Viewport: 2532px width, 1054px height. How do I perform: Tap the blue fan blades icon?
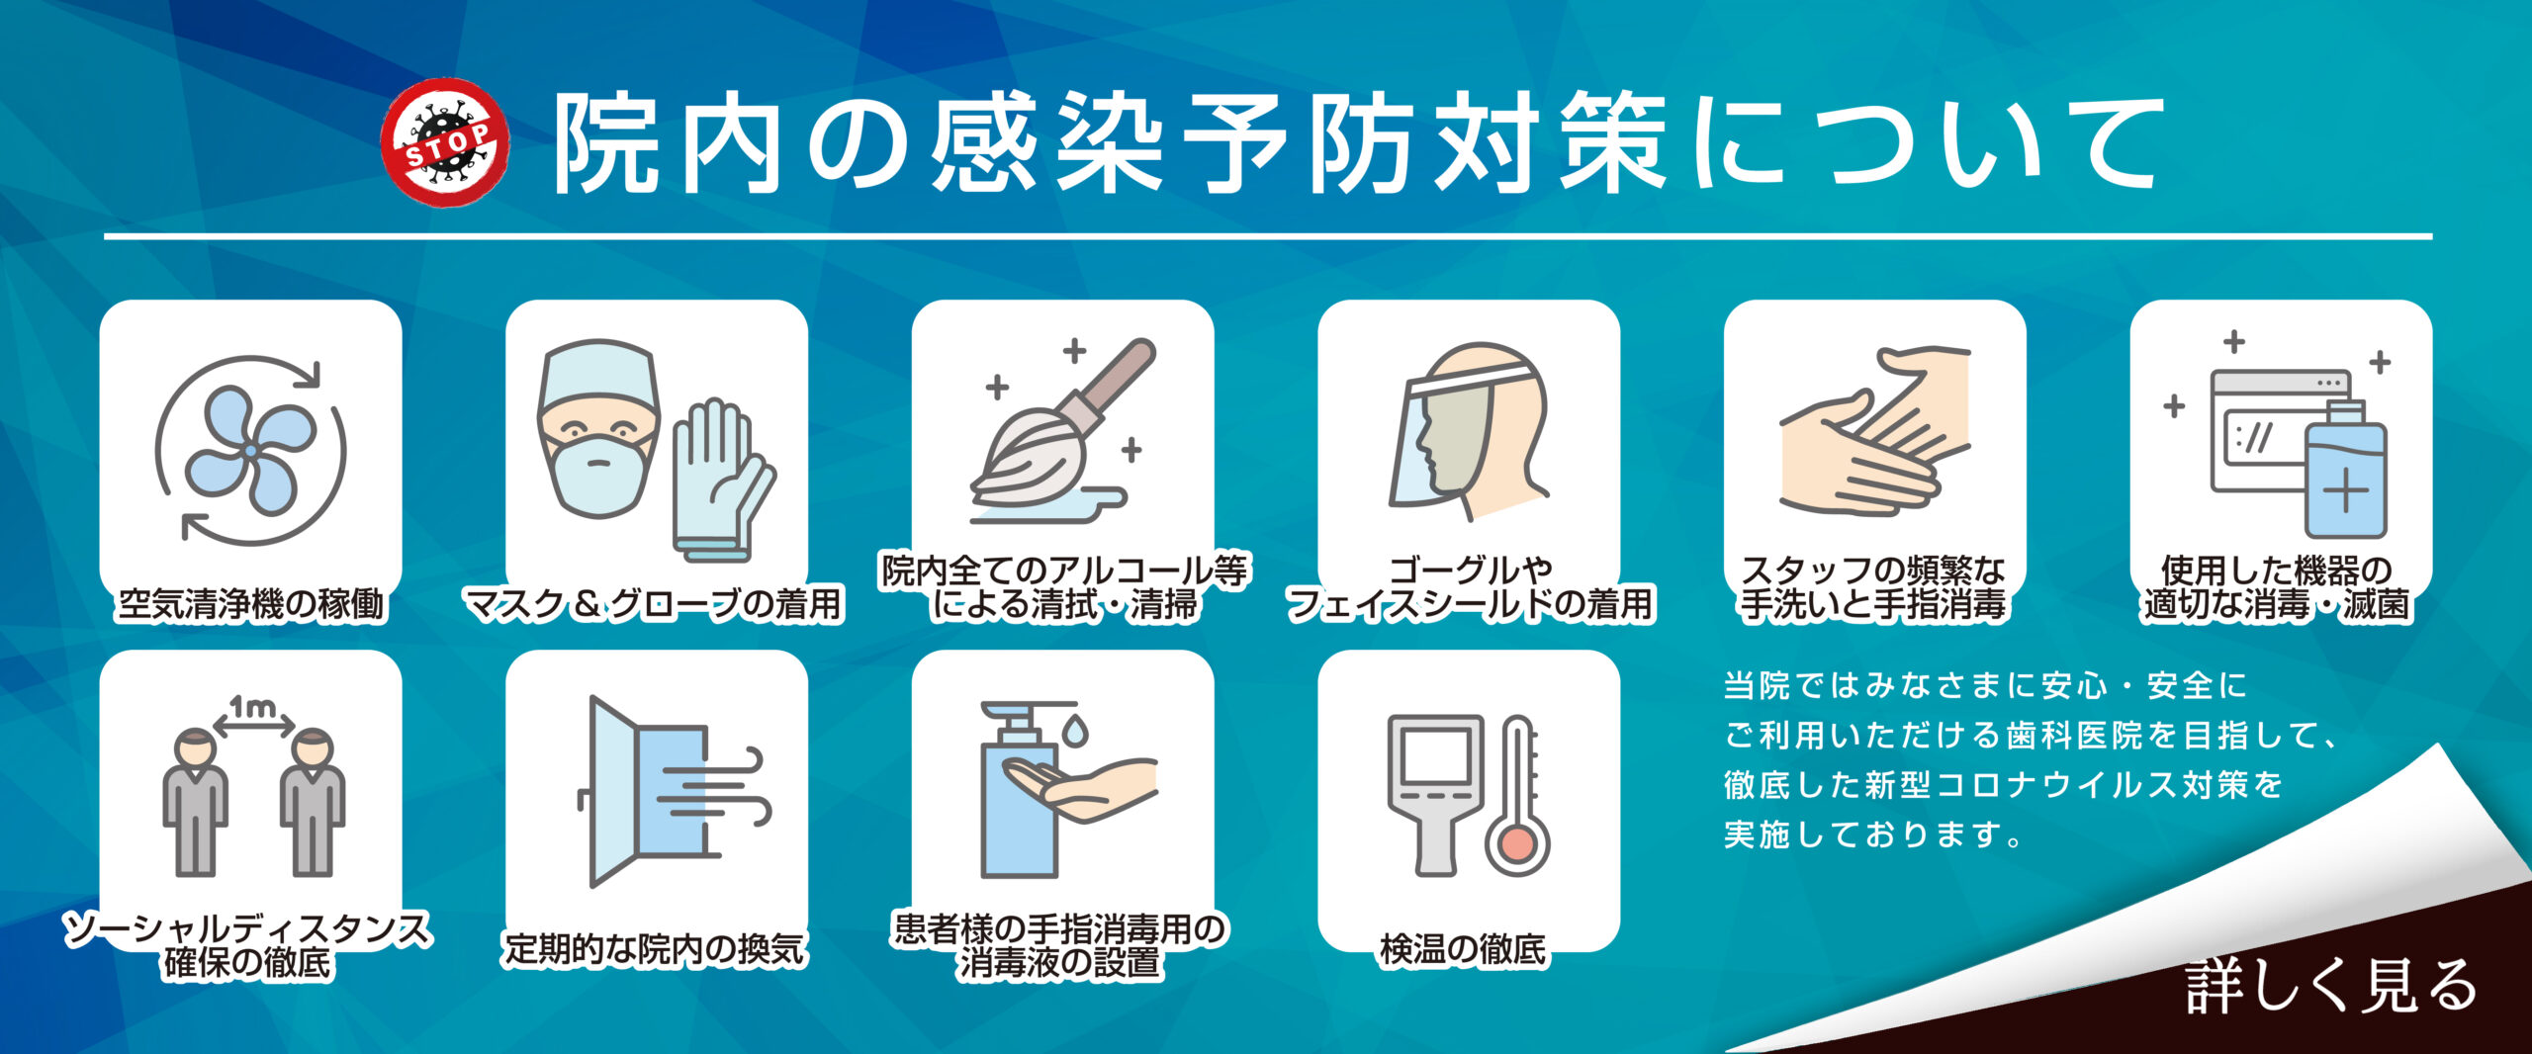pyautogui.click(x=250, y=451)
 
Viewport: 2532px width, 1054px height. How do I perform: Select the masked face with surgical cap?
pyautogui.click(x=597, y=430)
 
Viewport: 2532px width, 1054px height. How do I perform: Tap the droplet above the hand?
pyautogui.click(x=1075, y=730)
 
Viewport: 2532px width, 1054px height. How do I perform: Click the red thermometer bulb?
pyautogui.click(x=1516, y=845)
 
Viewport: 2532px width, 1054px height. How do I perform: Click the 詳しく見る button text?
pyautogui.click(x=2330, y=986)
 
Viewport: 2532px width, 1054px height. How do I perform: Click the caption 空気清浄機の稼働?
pyautogui.click(x=251, y=603)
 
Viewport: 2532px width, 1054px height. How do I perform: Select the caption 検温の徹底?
pyautogui.click(x=1463, y=949)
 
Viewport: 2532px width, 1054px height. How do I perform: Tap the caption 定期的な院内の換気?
pyautogui.click(x=655, y=949)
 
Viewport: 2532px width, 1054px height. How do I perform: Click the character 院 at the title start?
pyautogui.click(x=605, y=143)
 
